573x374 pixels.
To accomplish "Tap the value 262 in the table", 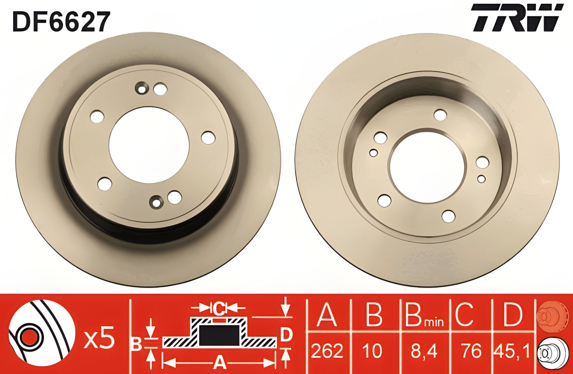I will tap(327, 351).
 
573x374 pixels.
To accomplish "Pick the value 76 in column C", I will tap(471, 351).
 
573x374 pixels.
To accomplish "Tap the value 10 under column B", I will tap(373, 351).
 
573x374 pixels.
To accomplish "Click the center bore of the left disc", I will tap(149, 145).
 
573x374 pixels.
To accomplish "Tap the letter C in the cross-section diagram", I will tap(220, 308).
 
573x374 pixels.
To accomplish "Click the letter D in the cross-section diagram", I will tap(286, 335).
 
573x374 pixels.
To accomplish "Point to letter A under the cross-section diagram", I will tap(219, 363).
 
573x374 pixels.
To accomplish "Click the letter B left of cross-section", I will tap(137, 344).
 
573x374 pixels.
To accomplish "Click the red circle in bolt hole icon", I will tap(29, 338).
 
